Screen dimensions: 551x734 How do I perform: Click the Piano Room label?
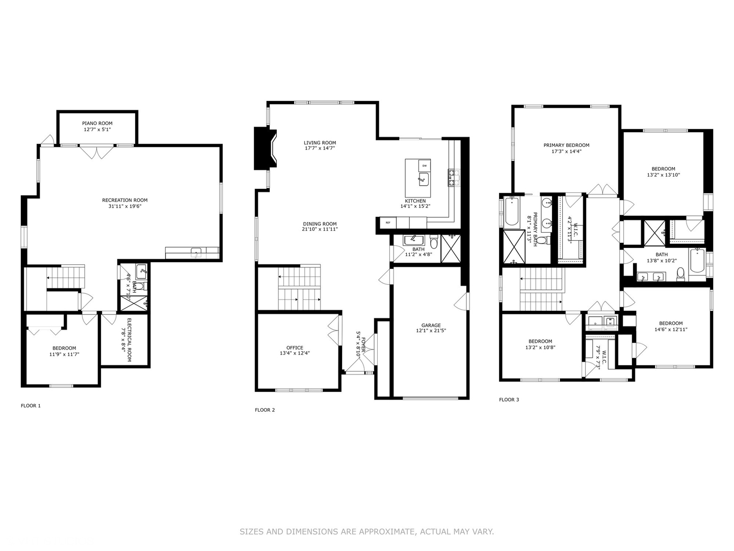[x=97, y=123]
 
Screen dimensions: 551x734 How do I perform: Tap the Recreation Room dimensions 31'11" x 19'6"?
[x=125, y=207]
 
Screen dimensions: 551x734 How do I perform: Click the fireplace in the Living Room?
[x=265, y=148]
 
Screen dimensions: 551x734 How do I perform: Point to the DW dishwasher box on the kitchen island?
[x=424, y=166]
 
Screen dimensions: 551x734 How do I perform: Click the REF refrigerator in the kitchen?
[x=387, y=222]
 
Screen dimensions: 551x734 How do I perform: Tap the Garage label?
[x=431, y=325]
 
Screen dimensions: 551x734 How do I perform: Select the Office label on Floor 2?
[x=295, y=347]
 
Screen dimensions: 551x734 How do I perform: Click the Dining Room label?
[x=320, y=223]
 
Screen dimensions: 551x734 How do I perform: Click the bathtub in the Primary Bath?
[x=511, y=212]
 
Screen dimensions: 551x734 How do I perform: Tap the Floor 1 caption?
[x=31, y=406]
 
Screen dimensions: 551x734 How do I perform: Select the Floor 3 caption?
[x=509, y=399]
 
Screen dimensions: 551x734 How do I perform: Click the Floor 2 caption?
[x=265, y=410]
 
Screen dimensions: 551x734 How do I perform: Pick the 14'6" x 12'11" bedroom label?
[x=671, y=323]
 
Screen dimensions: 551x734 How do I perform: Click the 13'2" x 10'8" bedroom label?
[x=540, y=341]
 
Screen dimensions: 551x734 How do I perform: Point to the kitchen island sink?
[x=423, y=179]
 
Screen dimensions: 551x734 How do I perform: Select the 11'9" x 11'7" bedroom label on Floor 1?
[x=64, y=348]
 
